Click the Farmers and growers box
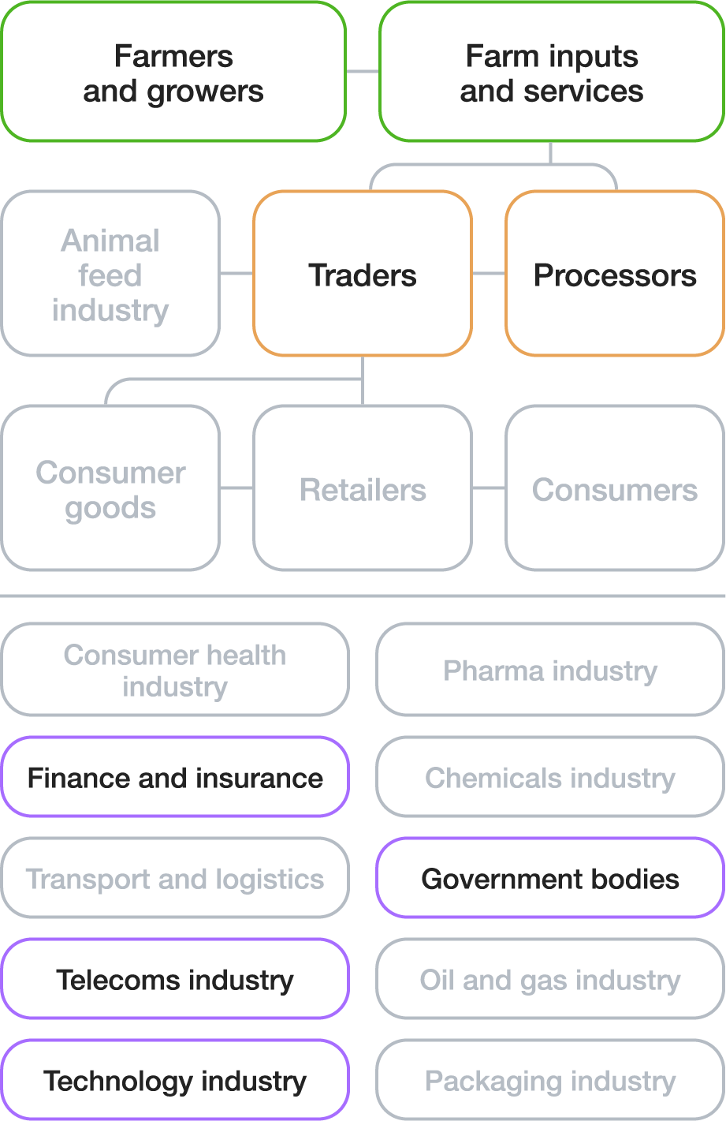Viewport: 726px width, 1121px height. (x=173, y=73)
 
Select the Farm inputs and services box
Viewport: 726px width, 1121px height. (x=552, y=73)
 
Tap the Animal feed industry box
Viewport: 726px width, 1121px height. (x=110, y=274)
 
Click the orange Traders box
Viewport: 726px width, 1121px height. (x=363, y=274)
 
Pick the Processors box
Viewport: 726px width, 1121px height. (x=615, y=274)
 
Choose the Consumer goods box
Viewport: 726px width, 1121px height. (x=110, y=488)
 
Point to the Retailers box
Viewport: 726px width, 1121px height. (x=363, y=488)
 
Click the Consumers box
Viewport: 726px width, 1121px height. (x=615, y=488)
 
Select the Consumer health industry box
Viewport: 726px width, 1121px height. (x=175, y=670)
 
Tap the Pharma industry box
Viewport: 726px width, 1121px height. (x=550, y=670)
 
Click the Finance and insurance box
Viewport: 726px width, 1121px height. (x=175, y=777)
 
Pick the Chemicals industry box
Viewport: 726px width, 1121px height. (x=550, y=777)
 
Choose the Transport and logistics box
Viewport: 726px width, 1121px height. (x=175, y=878)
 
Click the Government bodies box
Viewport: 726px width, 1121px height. (x=550, y=878)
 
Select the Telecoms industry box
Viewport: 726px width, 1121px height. (x=175, y=979)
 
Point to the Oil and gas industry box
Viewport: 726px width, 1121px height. (x=550, y=979)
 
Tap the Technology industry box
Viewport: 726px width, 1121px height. (x=175, y=1080)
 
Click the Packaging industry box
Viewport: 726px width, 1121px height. (x=550, y=1080)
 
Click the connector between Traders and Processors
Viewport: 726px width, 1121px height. (x=489, y=274)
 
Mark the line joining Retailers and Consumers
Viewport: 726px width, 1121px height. (x=489, y=488)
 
